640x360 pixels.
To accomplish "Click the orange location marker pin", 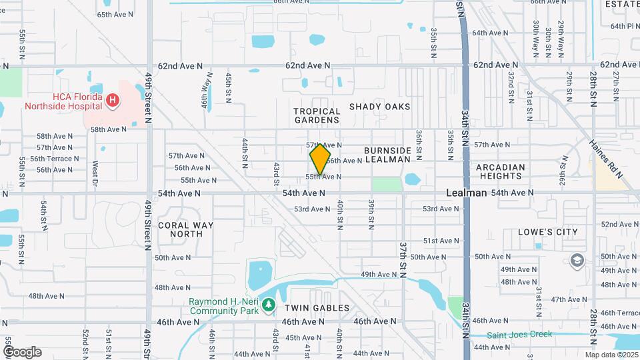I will (x=321, y=159).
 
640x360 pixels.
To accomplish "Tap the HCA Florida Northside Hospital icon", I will (x=113, y=101).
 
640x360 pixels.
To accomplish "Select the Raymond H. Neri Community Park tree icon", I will (x=268, y=305).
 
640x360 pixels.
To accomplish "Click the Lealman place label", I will (x=466, y=193).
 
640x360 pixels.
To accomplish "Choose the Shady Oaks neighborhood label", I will (x=379, y=107).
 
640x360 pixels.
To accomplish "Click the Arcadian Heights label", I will (x=500, y=171).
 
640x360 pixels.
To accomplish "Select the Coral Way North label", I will (x=186, y=229).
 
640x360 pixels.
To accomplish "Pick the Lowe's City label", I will (x=549, y=232).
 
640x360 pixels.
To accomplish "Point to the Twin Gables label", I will (x=317, y=308).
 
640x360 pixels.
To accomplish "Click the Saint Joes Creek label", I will (x=519, y=334).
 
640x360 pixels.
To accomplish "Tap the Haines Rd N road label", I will (x=605, y=159).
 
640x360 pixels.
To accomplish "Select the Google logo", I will (x=21, y=352).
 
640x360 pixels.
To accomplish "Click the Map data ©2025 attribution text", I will (x=611, y=355).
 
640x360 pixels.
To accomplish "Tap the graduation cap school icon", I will (x=577, y=261).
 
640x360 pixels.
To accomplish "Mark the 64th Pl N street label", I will (x=625, y=26).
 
